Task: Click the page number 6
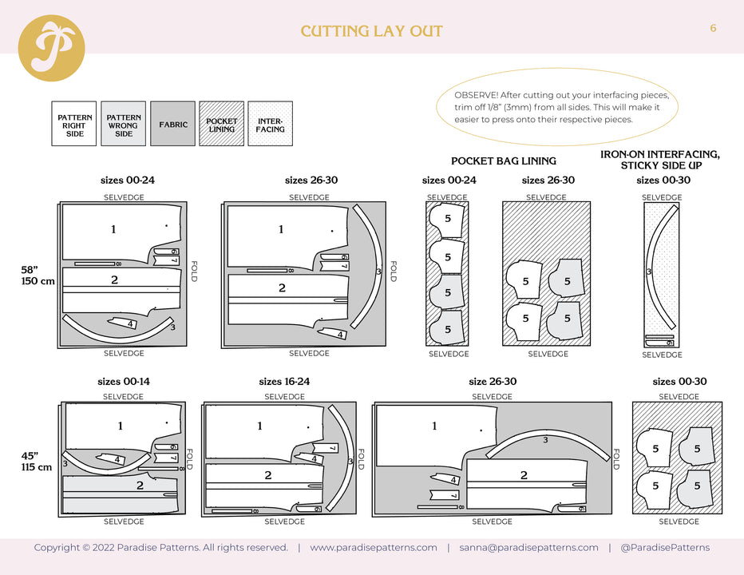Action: (x=713, y=28)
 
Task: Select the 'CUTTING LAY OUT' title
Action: (x=371, y=32)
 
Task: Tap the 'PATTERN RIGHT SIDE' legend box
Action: (x=74, y=124)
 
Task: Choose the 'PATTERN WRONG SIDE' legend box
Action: (x=123, y=124)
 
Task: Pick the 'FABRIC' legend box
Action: (x=173, y=124)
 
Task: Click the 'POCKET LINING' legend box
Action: (x=221, y=124)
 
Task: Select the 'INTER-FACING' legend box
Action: (x=270, y=124)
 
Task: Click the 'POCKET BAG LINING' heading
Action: (x=503, y=161)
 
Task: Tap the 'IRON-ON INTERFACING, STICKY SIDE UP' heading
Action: (x=659, y=159)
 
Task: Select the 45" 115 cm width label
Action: (x=37, y=461)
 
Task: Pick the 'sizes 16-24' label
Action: (x=284, y=382)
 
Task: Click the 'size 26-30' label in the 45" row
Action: (x=493, y=382)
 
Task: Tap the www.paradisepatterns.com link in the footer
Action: (x=373, y=548)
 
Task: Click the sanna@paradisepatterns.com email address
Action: (x=528, y=548)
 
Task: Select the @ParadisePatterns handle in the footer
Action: (x=664, y=548)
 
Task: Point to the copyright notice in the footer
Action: (x=160, y=548)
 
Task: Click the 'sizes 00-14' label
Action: (x=124, y=382)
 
